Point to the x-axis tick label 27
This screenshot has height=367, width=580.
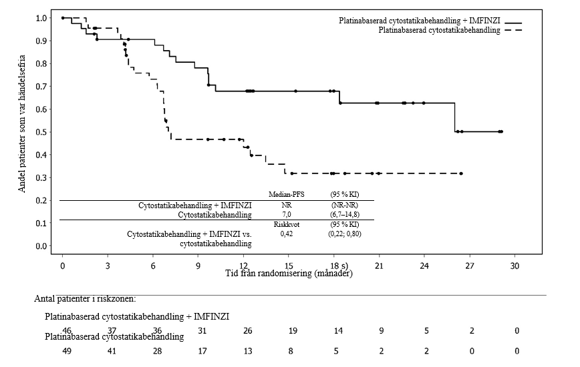[x=469, y=266]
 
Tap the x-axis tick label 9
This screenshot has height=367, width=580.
[x=198, y=266]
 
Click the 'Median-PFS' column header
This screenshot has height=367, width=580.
[x=286, y=194]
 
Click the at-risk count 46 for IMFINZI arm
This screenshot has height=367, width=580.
[x=67, y=331]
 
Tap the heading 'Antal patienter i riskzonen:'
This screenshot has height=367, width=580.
[x=85, y=299]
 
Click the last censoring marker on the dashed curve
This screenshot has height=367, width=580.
[x=460, y=173]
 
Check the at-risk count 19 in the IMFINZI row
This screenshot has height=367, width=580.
[x=292, y=331]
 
